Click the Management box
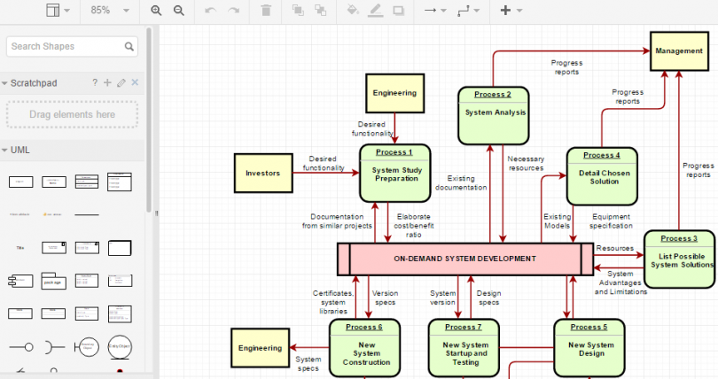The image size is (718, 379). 679,51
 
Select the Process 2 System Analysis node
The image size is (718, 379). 493,114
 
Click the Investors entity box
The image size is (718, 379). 262,173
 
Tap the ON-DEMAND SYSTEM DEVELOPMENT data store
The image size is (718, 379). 464,259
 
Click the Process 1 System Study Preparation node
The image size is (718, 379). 395,173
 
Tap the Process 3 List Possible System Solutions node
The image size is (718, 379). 680,259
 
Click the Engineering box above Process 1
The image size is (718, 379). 394,93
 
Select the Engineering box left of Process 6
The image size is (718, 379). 261,348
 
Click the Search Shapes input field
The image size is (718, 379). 67,46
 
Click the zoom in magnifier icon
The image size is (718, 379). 157,11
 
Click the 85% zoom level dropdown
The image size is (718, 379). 110,11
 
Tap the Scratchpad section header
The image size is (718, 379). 35,82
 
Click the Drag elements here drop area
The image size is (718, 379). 72,114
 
